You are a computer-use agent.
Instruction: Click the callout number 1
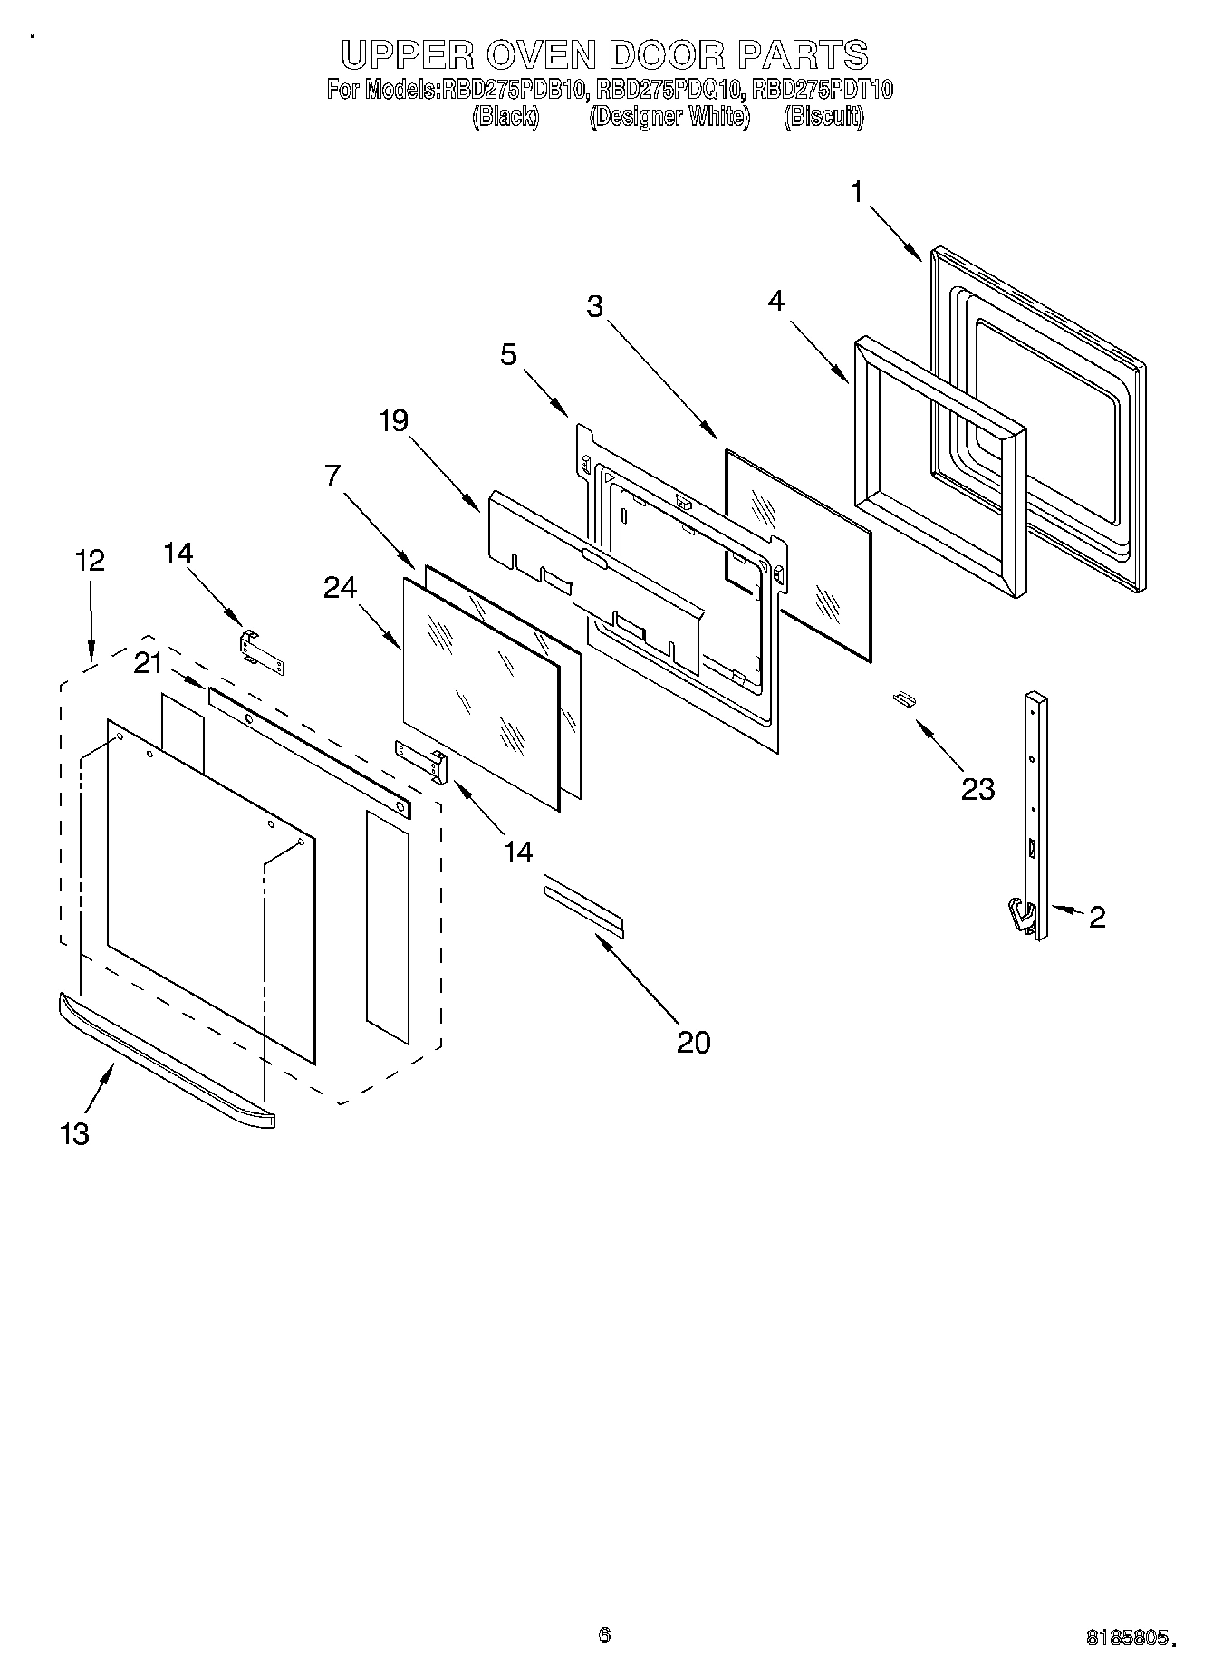855,192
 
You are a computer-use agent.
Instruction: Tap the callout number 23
977,789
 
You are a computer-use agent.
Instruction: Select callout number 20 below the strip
694,1042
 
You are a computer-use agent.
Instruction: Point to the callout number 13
75,1132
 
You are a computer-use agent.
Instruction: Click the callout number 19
393,421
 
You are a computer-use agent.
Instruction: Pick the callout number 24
340,589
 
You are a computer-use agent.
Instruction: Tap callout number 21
148,664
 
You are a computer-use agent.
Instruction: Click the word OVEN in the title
539,56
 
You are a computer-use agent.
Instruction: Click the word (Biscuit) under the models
823,117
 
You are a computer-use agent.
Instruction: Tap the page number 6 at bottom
604,1635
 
